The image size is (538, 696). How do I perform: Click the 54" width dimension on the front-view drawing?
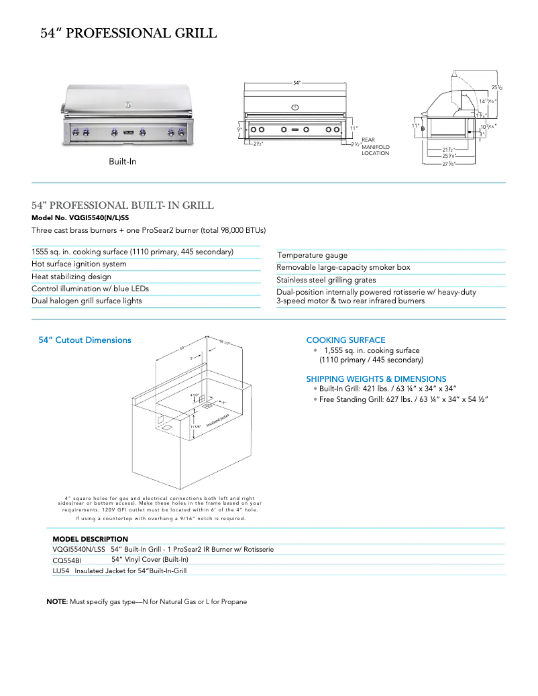click(296, 83)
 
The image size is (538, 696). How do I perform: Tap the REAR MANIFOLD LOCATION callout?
click(376, 146)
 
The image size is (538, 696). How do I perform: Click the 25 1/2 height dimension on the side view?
click(497, 87)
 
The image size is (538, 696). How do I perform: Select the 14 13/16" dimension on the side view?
click(487, 101)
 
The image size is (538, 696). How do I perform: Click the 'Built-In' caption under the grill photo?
click(123, 162)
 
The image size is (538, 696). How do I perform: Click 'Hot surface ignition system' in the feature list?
click(79, 264)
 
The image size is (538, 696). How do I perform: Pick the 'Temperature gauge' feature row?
click(313, 255)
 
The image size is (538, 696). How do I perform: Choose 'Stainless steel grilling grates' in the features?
click(326, 280)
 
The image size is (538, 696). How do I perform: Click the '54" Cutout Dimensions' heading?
click(85, 340)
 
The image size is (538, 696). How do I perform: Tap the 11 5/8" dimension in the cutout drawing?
click(195, 426)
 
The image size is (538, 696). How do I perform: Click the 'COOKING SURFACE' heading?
click(345, 340)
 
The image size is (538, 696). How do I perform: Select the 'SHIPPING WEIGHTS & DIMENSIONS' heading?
click(376, 379)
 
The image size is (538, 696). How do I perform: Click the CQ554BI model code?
click(67, 560)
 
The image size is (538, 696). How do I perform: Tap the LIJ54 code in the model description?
click(61, 571)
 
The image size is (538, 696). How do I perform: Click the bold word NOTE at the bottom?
click(56, 602)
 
